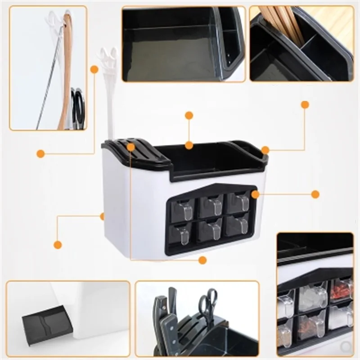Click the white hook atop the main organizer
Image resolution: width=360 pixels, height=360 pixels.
tap(108, 63)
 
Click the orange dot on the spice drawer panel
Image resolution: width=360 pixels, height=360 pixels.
tap(255, 194)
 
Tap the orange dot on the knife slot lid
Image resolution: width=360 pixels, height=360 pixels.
tap(130, 147)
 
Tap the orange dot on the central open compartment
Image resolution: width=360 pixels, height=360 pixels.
tap(189, 145)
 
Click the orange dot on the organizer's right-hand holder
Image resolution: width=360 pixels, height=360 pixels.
tap(265, 150)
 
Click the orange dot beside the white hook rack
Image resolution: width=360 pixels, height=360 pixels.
tap(94, 69)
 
